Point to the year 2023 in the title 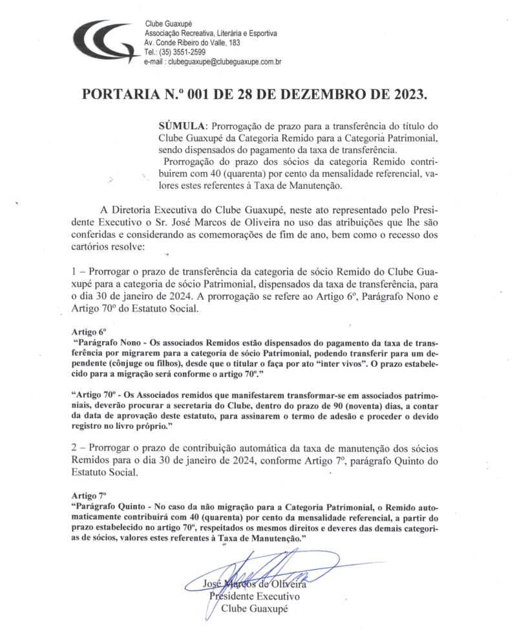pyautogui.click(x=405, y=94)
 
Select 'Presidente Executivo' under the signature pyautogui.click(x=253, y=596)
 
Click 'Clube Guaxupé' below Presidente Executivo pyautogui.click(x=253, y=609)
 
